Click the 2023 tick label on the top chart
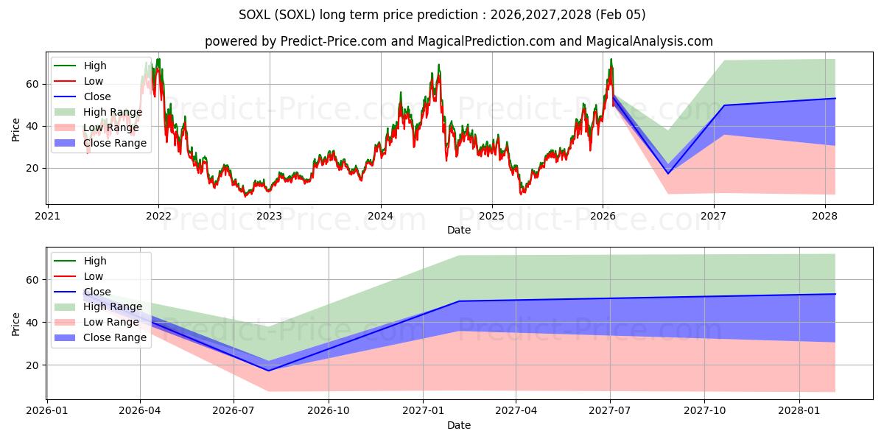pyautogui.click(x=269, y=216)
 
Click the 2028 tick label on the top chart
pyautogui.click(x=824, y=216)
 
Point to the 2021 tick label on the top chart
pyautogui.click(x=47, y=216)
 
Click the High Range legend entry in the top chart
pyautogui.click(x=113, y=112)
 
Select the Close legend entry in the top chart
pyautogui.click(x=97, y=97)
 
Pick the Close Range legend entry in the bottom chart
pyautogui.click(x=115, y=337)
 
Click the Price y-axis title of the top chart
pyautogui.click(x=16, y=128)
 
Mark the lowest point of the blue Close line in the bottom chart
pyautogui.click(x=268, y=371)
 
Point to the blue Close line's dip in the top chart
pyautogui.click(x=668, y=174)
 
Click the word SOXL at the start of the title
pyautogui.click(x=255, y=15)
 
